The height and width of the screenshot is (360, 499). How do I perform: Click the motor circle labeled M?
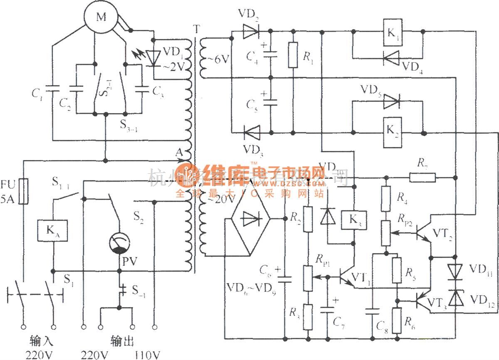point(101,17)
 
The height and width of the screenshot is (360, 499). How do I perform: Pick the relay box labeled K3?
point(353,220)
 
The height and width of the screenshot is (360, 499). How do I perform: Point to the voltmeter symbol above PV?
point(119,244)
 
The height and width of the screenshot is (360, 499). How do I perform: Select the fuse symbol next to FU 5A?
point(25,192)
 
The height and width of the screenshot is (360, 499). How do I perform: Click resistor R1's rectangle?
point(294,55)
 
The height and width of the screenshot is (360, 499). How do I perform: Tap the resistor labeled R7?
point(422,178)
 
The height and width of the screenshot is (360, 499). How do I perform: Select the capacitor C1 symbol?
point(53,89)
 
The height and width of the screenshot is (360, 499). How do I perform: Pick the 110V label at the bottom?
point(147,355)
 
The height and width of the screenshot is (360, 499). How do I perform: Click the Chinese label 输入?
point(40,342)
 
